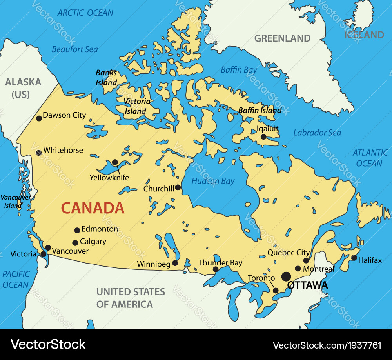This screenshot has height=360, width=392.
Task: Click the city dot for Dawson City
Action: [39, 118]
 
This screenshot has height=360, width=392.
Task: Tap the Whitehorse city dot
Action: [39, 153]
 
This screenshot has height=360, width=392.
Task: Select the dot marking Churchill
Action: [178, 187]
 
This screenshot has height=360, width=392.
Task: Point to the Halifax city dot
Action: [354, 258]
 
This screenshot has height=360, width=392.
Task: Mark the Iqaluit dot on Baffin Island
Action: [263, 136]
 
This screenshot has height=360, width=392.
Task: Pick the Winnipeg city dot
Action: [175, 263]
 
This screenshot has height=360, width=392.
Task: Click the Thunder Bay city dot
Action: [216, 269]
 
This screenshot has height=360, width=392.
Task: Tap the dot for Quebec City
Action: [306, 260]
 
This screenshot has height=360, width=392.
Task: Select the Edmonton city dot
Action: [77, 230]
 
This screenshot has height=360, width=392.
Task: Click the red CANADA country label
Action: [93, 208]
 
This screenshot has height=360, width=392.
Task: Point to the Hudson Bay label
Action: [213, 181]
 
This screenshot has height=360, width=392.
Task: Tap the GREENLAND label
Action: [282, 38]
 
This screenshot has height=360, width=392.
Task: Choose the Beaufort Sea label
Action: [75, 49]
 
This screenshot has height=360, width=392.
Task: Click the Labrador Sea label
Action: [317, 133]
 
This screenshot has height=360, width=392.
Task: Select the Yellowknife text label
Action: [109, 178]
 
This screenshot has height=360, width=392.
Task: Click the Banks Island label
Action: [107, 78]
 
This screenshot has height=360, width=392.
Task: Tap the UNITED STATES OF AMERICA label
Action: [131, 298]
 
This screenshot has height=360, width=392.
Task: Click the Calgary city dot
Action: [75, 243]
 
